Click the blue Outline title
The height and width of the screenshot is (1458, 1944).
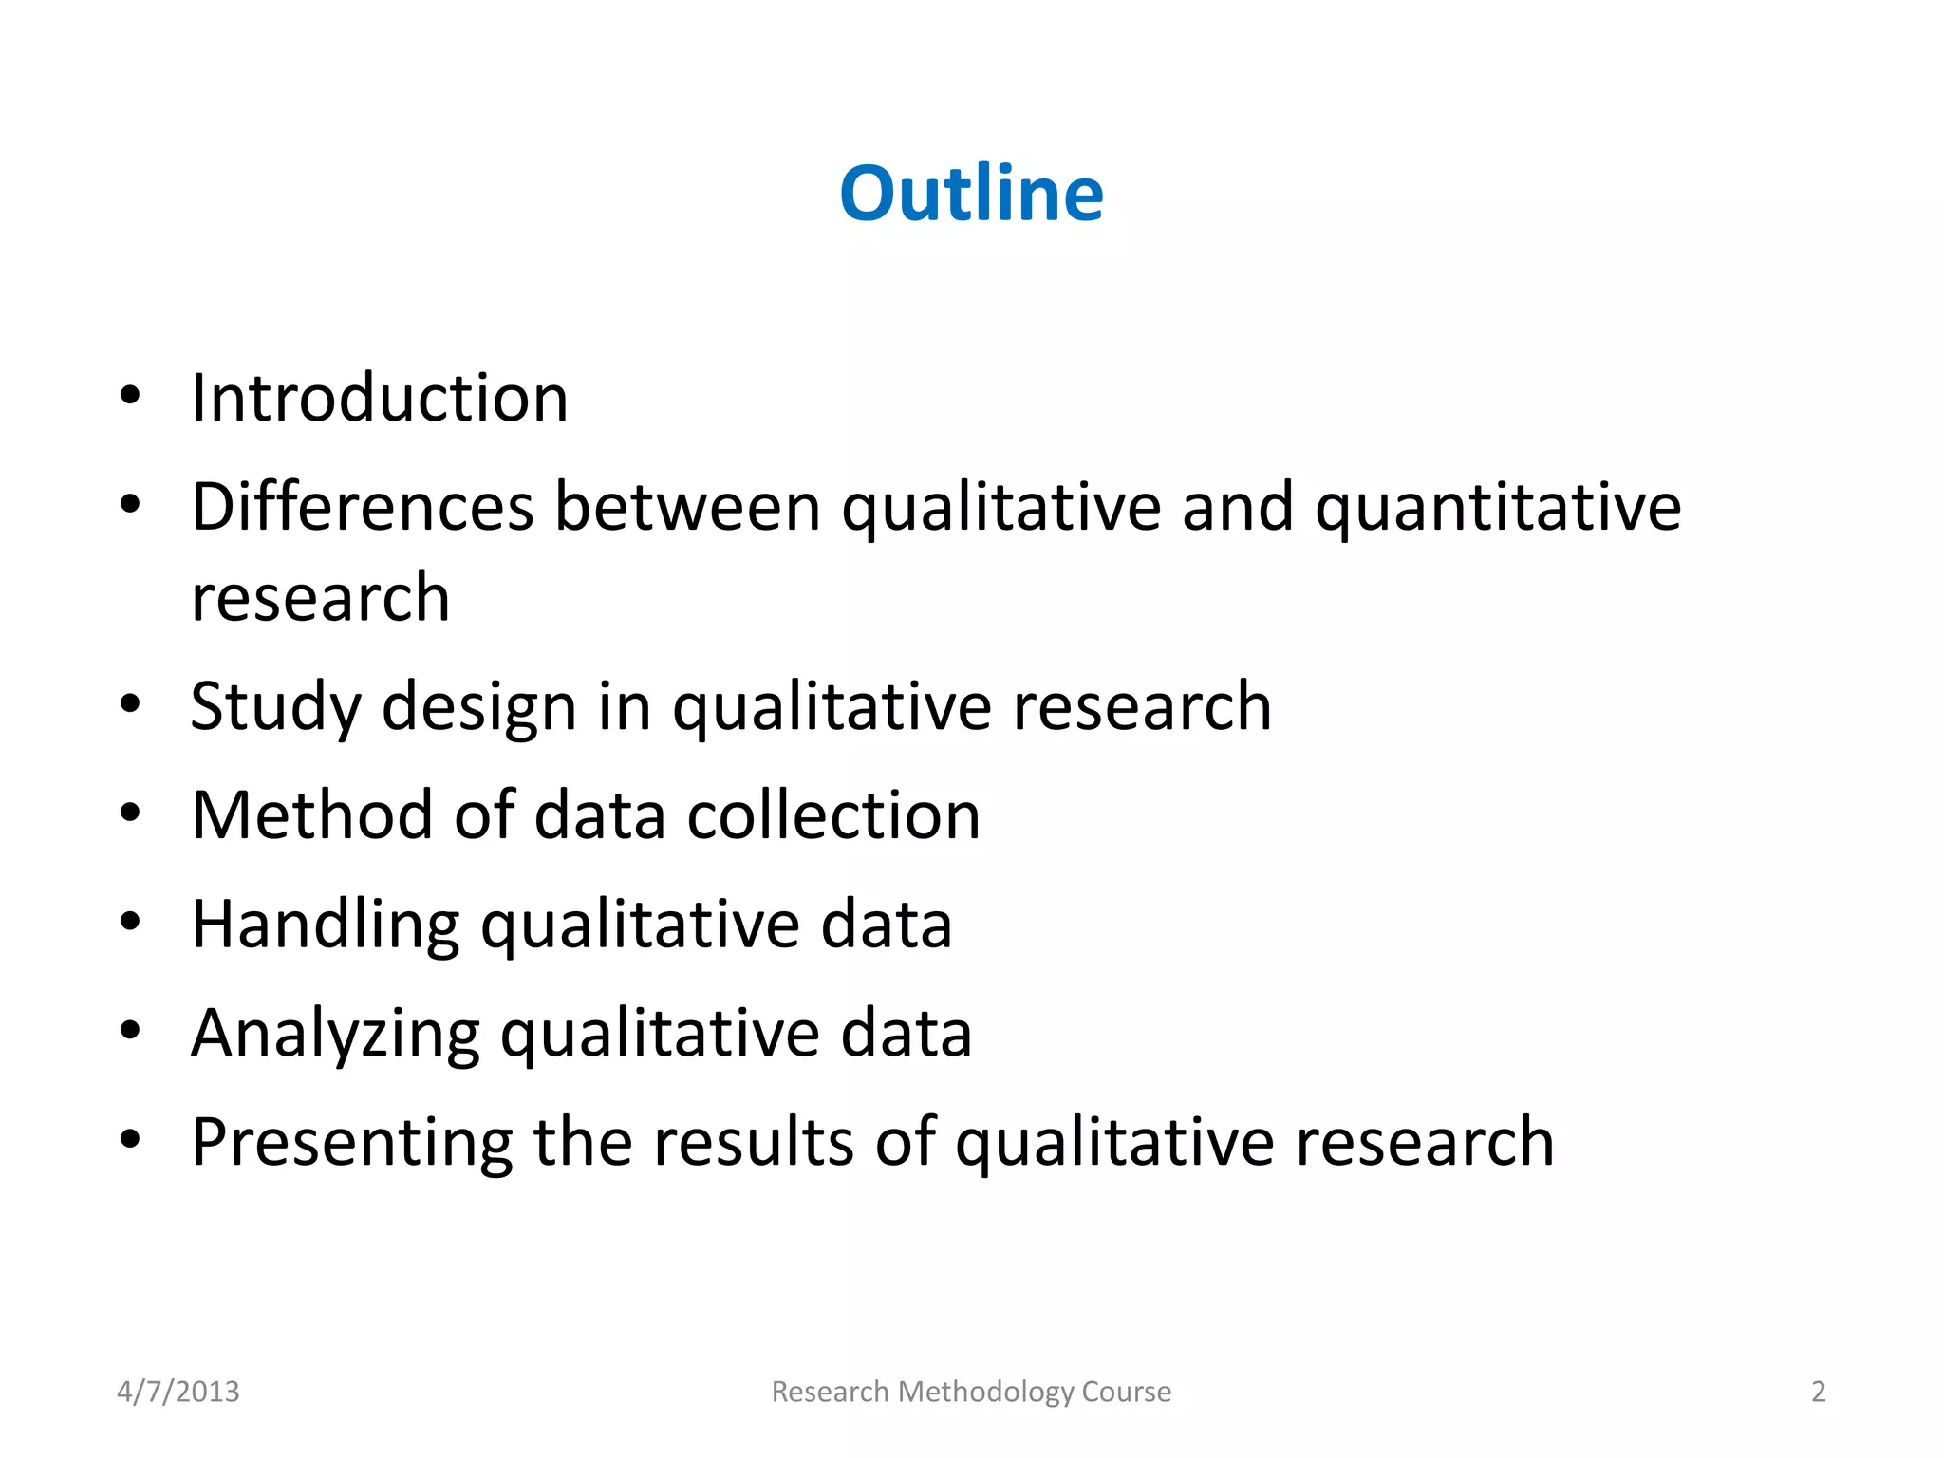[971, 194]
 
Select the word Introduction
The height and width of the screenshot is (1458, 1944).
[380, 398]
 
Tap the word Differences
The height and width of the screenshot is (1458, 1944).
[363, 507]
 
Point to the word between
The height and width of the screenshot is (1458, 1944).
[687, 507]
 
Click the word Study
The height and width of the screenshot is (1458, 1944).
[275, 708]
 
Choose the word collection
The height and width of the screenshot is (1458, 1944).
[833, 815]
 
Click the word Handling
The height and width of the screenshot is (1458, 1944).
[326, 926]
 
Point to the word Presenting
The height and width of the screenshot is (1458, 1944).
[352, 1143]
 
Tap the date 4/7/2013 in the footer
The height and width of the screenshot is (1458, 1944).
[178, 1392]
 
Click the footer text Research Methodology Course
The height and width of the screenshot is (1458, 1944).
[971, 1392]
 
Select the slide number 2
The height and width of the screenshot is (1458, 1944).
[1818, 1392]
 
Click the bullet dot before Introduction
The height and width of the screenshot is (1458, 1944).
[130, 396]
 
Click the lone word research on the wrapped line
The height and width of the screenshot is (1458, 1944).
[321, 598]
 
